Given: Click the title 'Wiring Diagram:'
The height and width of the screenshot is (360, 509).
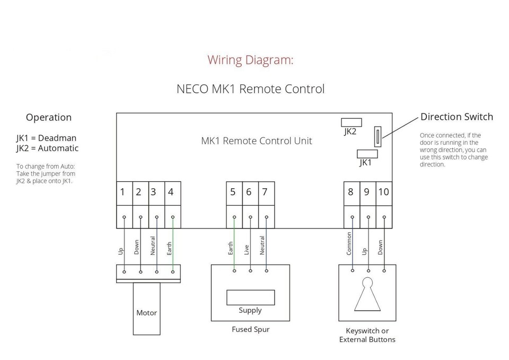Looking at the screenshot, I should pos(250,59).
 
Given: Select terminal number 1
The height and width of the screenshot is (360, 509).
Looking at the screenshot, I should pos(122,192).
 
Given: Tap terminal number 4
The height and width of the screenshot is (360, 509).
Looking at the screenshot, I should pos(171,192).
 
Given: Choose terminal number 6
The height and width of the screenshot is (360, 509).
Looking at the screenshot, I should pos(249,192).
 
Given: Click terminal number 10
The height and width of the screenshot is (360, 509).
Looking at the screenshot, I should pos(383,192).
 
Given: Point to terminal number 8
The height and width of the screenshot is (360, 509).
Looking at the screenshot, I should pos(350,192).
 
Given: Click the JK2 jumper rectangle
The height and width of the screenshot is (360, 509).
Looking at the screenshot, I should pos(352,122).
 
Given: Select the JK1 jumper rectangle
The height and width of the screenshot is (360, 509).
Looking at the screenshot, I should pos(366,154).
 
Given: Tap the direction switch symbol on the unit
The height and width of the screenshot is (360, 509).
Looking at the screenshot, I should pos(378,137).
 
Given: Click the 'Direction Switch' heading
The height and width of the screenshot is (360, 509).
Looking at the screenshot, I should pos(457,117).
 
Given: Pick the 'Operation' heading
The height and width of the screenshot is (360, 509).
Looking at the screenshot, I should pos(49,118).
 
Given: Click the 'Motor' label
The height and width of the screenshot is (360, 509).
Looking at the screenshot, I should pos(146,313).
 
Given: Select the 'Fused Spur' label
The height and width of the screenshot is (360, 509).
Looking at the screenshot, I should pos(250,329).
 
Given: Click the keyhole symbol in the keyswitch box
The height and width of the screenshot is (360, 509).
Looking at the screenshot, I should pos(367,294).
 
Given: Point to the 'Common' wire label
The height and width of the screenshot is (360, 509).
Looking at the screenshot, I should pos(349,243).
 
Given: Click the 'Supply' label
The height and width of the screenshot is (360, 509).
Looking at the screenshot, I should pos(250,310).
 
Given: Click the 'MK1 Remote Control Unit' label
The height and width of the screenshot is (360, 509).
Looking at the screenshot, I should pos(257,141).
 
